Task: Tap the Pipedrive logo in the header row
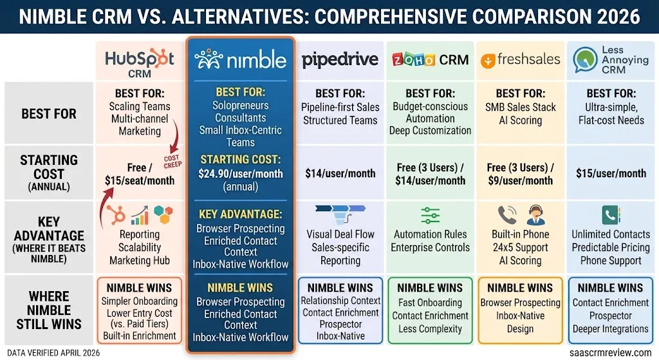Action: coord(340,60)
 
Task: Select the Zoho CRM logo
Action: coord(430,60)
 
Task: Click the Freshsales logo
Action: coord(520,60)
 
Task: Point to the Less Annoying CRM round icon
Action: coord(584,60)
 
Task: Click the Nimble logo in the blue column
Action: coord(241,59)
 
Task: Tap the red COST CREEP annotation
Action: coord(172,162)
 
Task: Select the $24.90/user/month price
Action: coord(241,174)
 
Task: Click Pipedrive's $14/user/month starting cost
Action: coord(340,173)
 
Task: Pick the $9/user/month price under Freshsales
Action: coord(520,181)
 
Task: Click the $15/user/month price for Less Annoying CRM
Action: coord(611,173)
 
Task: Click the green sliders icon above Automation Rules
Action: coord(430,215)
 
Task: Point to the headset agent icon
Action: coord(535,215)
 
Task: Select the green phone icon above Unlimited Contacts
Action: coord(611,215)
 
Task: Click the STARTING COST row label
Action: coord(49,173)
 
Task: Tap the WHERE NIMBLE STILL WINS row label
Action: coord(49,310)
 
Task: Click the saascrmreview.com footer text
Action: coord(610,352)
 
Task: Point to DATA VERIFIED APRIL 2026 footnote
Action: coord(53,353)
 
